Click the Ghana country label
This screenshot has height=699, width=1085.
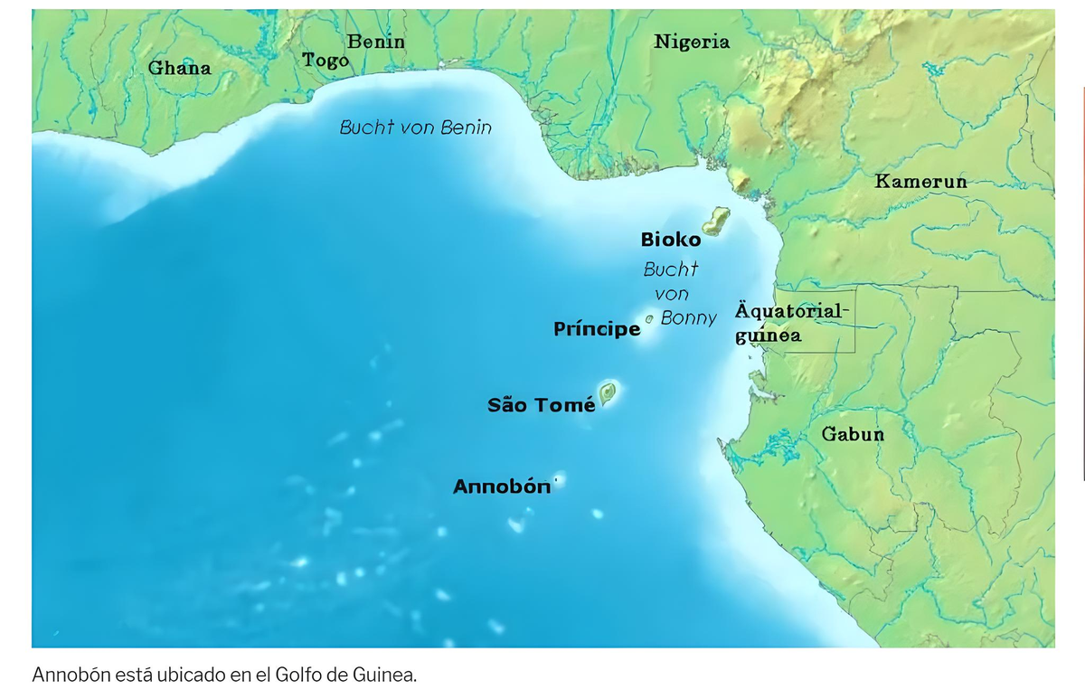coord(179,68)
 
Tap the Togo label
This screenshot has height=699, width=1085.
coord(325,61)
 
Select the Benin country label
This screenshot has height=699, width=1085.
coord(376,42)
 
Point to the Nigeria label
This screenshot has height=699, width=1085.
coord(692,42)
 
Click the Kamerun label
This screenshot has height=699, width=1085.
coord(920,182)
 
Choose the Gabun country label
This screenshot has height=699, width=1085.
coord(853,434)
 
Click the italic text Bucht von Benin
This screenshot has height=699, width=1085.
coord(416,128)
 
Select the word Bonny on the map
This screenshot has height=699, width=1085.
coord(689,318)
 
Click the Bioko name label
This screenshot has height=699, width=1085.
coord(670,240)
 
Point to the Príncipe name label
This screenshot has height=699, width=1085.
coord(597,329)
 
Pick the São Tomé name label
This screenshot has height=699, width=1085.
coord(541,404)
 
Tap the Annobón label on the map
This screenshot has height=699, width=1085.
coord(502,486)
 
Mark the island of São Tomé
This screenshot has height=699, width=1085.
coord(607,392)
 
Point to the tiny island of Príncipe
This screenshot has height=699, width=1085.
coord(649,319)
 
